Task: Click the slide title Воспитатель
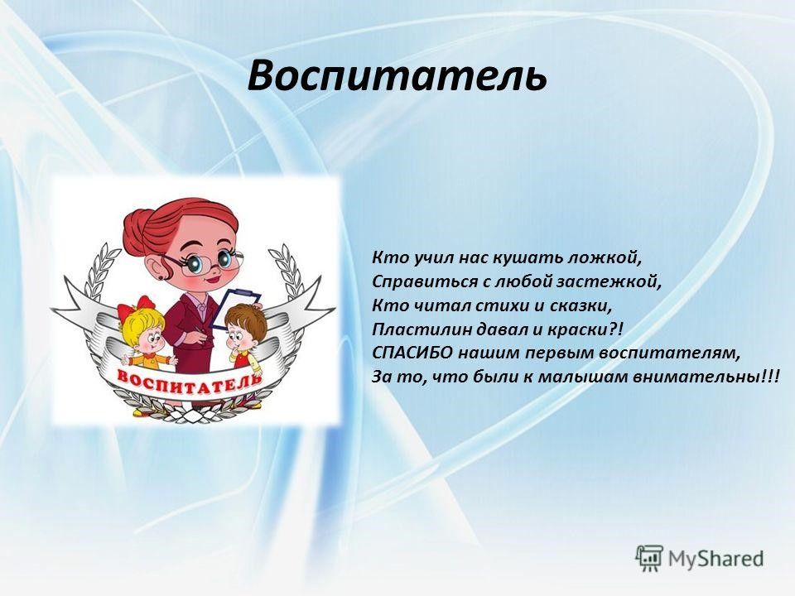397,76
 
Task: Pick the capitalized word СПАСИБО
412,353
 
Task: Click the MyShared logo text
715,559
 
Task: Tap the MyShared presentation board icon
649,559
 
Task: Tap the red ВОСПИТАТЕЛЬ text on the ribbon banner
190,380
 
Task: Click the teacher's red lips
214,279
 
